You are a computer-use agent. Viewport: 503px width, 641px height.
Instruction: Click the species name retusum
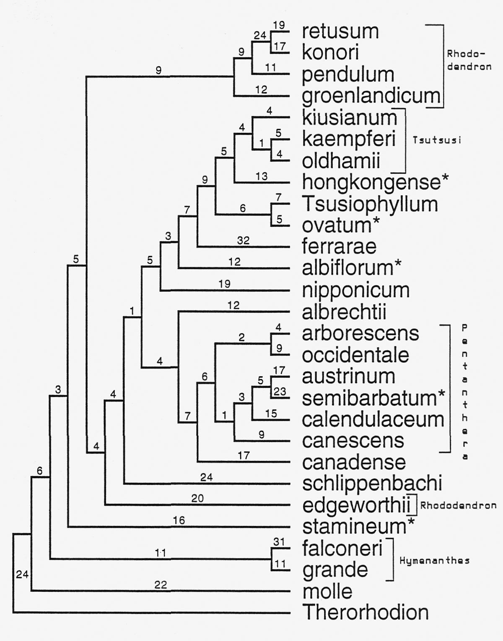340,31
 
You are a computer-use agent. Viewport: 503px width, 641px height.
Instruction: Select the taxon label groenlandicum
371,96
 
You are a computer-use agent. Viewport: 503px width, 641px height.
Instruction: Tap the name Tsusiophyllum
370,204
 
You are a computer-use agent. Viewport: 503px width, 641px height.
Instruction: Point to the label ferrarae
339,246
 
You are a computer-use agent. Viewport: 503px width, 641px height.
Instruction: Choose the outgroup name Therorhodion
366,612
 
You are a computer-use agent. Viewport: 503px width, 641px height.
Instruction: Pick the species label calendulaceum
373,419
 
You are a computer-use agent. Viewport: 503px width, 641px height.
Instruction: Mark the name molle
327,591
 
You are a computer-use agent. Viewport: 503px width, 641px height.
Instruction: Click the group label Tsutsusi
437,140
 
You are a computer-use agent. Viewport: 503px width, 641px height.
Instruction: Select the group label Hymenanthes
434,560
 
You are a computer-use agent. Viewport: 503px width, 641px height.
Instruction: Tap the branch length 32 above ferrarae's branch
243,241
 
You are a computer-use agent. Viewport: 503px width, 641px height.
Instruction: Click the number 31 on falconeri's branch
279,542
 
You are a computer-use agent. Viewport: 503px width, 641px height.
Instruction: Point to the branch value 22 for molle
161,584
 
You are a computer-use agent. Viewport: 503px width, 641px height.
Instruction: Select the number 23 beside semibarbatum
280,392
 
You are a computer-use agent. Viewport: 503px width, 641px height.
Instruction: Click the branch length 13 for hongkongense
261,176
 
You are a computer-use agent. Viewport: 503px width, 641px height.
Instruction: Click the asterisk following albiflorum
397,264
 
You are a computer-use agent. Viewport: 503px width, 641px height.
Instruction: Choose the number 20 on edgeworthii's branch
197,498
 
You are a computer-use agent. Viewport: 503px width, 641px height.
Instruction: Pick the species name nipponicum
355,290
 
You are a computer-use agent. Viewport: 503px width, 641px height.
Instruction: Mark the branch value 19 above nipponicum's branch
224,284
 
